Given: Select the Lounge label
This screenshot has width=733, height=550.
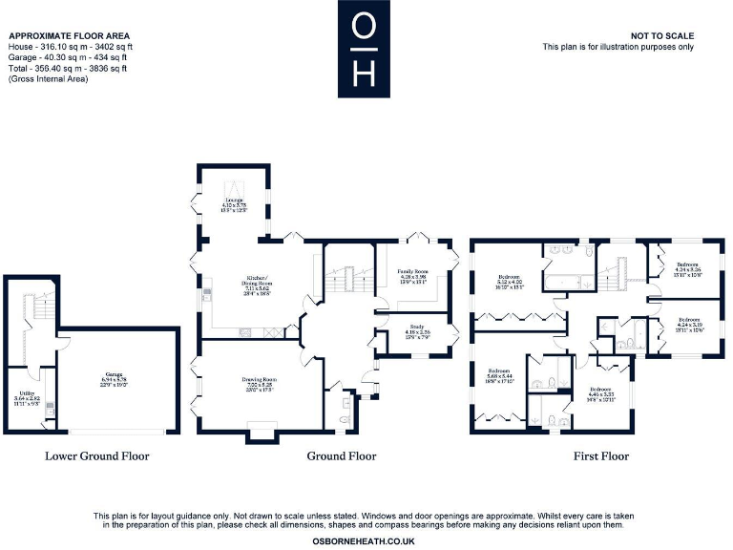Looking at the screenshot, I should (234, 203).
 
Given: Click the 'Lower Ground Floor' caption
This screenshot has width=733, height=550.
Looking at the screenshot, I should (97, 456).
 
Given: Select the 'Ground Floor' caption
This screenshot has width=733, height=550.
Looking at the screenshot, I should (341, 456).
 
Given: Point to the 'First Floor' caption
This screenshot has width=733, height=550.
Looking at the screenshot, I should (600, 456).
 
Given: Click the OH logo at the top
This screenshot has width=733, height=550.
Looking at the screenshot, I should (365, 47).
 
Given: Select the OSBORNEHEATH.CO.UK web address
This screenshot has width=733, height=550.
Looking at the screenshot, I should (363, 540).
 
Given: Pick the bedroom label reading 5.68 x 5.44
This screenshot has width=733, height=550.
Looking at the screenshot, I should (500, 374).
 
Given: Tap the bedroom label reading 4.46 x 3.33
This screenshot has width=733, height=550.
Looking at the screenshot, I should (599, 393).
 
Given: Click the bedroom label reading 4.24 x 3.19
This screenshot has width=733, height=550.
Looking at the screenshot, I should (688, 326).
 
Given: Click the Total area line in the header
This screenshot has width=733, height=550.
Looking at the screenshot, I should (67, 69).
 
